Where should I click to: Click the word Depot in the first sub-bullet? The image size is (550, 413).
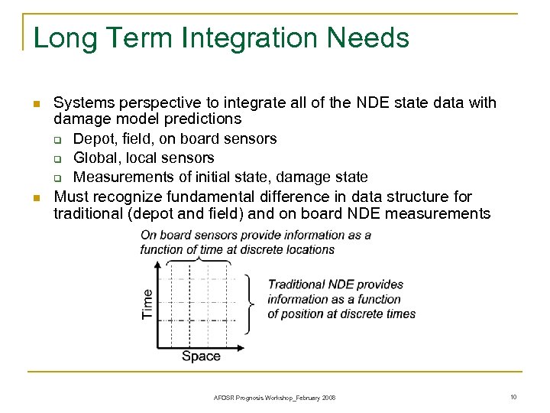92,139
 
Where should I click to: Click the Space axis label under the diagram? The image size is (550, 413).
201,356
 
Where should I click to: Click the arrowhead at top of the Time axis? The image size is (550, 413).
159,265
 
